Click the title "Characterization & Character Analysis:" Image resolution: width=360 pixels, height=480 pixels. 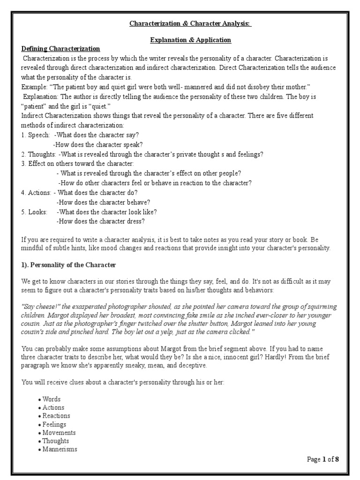click(x=190, y=24)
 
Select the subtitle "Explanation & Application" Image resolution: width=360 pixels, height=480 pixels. click(x=190, y=40)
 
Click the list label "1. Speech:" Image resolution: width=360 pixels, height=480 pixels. click(x=35, y=135)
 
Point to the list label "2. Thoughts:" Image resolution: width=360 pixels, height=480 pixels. click(x=38, y=154)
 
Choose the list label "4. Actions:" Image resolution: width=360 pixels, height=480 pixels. click(x=37, y=192)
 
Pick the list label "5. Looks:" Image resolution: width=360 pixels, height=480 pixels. click(x=34, y=211)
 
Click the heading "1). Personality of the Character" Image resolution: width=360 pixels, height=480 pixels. click(x=68, y=265)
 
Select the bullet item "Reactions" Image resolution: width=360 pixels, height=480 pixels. click(x=56, y=416)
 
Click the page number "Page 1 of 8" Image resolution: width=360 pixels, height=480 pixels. click(x=322, y=459)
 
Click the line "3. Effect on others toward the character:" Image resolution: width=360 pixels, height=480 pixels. click(x=77, y=164)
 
